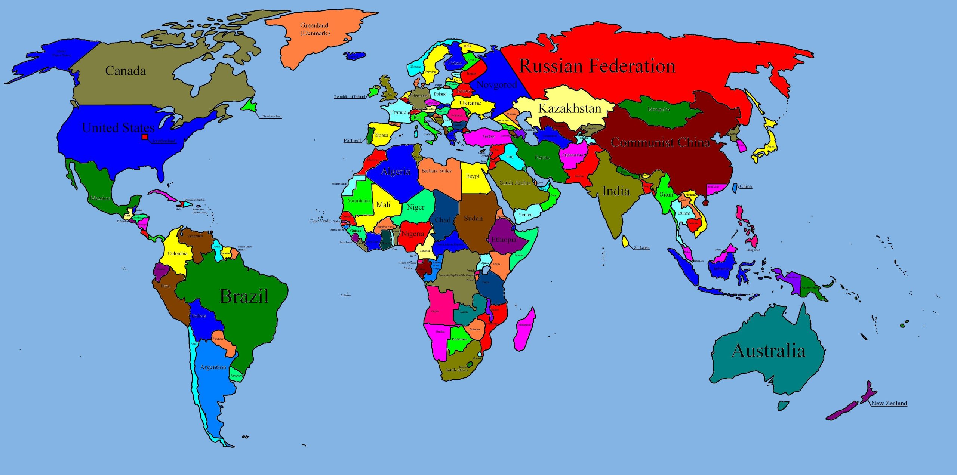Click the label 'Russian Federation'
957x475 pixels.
click(597, 66)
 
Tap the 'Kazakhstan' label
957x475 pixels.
click(569, 108)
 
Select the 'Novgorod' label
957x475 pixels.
click(496, 85)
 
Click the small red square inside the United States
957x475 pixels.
click(145, 137)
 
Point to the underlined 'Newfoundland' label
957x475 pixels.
click(272, 116)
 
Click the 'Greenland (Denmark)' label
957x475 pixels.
click(315, 29)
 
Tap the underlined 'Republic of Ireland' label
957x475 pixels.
click(350, 97)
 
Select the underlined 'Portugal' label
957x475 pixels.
click(352, 141)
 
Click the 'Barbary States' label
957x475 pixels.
click(436, 171)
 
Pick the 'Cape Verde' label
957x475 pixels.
click(320, 221)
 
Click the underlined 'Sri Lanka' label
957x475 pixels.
click(641, 247)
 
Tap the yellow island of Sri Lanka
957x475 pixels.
click(625, 241)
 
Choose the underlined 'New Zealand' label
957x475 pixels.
click(889, 403)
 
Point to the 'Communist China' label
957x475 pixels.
click(660, 142)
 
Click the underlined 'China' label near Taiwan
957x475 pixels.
click(745, 186)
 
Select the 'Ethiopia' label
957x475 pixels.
click(504, 240)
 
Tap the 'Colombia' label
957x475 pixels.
click(177, 253)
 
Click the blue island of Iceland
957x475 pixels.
click(355, 56)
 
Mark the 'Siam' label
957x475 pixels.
click(666, 194)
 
